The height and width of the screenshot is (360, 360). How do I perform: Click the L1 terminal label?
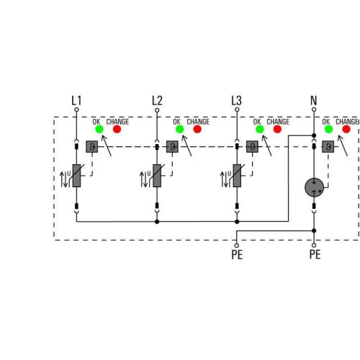click(x=77, y=100)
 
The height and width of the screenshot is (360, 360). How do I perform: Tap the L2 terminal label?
click(x=158, y=100)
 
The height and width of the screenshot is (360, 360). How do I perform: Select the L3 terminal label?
click(x=236, y=100)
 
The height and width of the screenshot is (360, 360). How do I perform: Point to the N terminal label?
click(x=313, y=100)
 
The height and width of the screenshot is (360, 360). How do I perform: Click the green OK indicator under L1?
click(x=98, y=130)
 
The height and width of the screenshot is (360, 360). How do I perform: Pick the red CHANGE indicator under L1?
click(x=117, y=130)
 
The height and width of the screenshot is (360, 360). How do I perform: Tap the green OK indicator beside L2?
click(x=178, y=130)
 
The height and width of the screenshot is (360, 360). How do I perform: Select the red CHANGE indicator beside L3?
click(x=275, y=130)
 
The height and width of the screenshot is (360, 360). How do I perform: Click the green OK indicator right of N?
click(x=328, y=130)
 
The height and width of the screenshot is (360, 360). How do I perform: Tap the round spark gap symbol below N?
click(x=314, y=186)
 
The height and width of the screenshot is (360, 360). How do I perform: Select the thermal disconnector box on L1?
click(x=91, y=147)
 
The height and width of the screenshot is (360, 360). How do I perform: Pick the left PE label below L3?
click(x=236, y=254)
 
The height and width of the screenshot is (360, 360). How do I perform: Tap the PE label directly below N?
click(x=315, y=254)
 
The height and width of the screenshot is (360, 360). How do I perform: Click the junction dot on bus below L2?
click(x=157, y=222)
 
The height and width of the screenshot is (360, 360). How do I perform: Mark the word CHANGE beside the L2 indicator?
click(x=198, y=122)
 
